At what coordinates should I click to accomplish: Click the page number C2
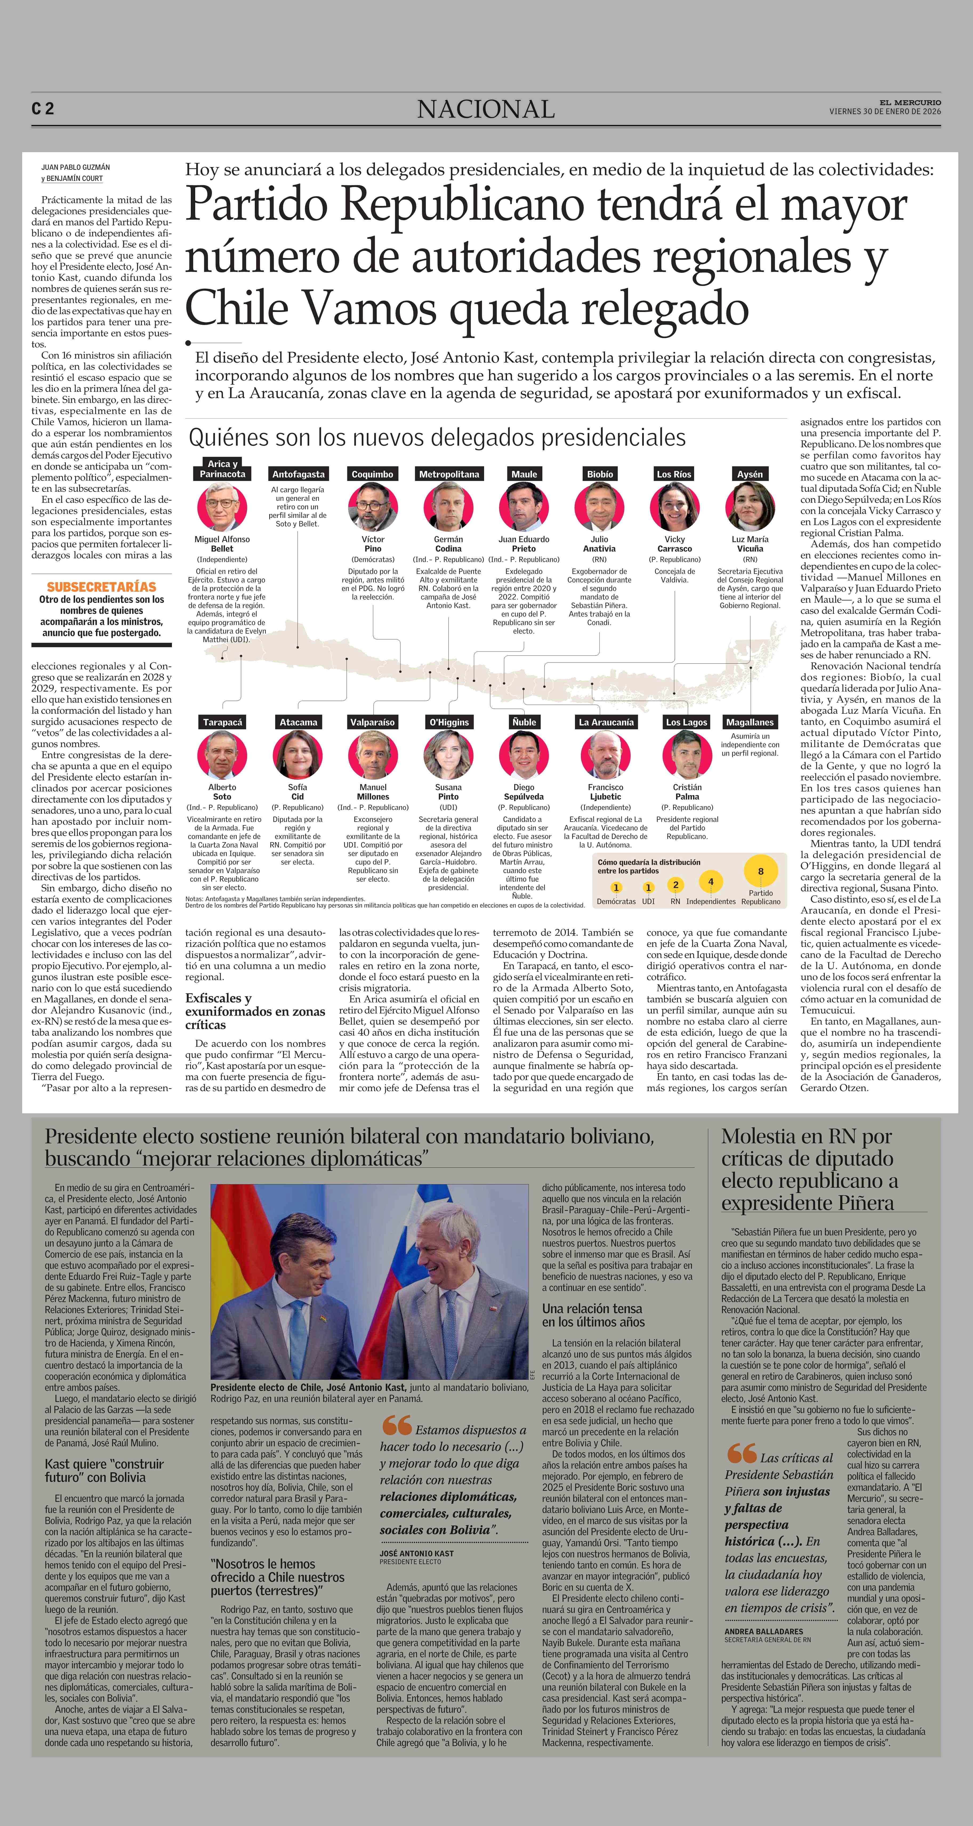point(43,108)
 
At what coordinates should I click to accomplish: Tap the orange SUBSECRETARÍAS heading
point(101,587)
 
